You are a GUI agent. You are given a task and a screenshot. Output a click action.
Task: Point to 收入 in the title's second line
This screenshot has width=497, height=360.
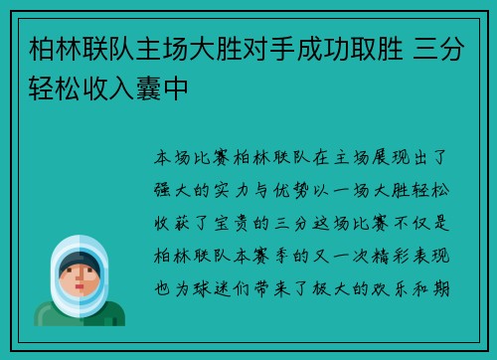coord(110,90)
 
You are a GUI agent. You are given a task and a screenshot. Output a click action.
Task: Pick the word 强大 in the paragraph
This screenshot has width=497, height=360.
coord(176,185)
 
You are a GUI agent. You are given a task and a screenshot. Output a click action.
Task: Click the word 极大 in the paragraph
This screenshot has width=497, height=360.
coord(336,268)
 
